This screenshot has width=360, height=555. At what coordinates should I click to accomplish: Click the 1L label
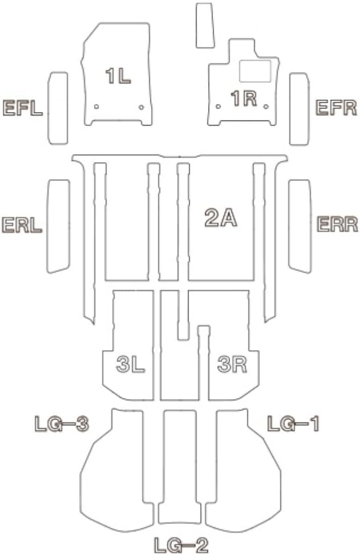118,76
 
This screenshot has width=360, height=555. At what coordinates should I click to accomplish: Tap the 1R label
243,99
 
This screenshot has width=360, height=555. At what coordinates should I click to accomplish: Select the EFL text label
23,108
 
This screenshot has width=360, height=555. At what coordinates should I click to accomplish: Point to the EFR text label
337,107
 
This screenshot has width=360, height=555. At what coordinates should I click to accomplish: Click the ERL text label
22,224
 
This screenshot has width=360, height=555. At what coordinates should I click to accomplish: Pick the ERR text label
337,224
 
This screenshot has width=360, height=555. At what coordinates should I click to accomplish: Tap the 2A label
221,218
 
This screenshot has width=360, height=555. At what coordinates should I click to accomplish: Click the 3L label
130,364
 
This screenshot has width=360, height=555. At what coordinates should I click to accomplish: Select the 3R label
232,364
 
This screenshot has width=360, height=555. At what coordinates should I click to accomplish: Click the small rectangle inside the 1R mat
254,71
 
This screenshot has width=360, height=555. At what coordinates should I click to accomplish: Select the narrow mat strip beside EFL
57,108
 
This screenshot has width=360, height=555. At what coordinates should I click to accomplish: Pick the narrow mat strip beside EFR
299,108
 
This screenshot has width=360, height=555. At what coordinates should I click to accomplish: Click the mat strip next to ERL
58,226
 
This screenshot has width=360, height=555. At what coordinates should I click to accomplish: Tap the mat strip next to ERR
299,225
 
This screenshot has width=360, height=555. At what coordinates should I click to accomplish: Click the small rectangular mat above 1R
205,26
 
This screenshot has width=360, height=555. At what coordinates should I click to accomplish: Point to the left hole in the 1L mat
97,106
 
